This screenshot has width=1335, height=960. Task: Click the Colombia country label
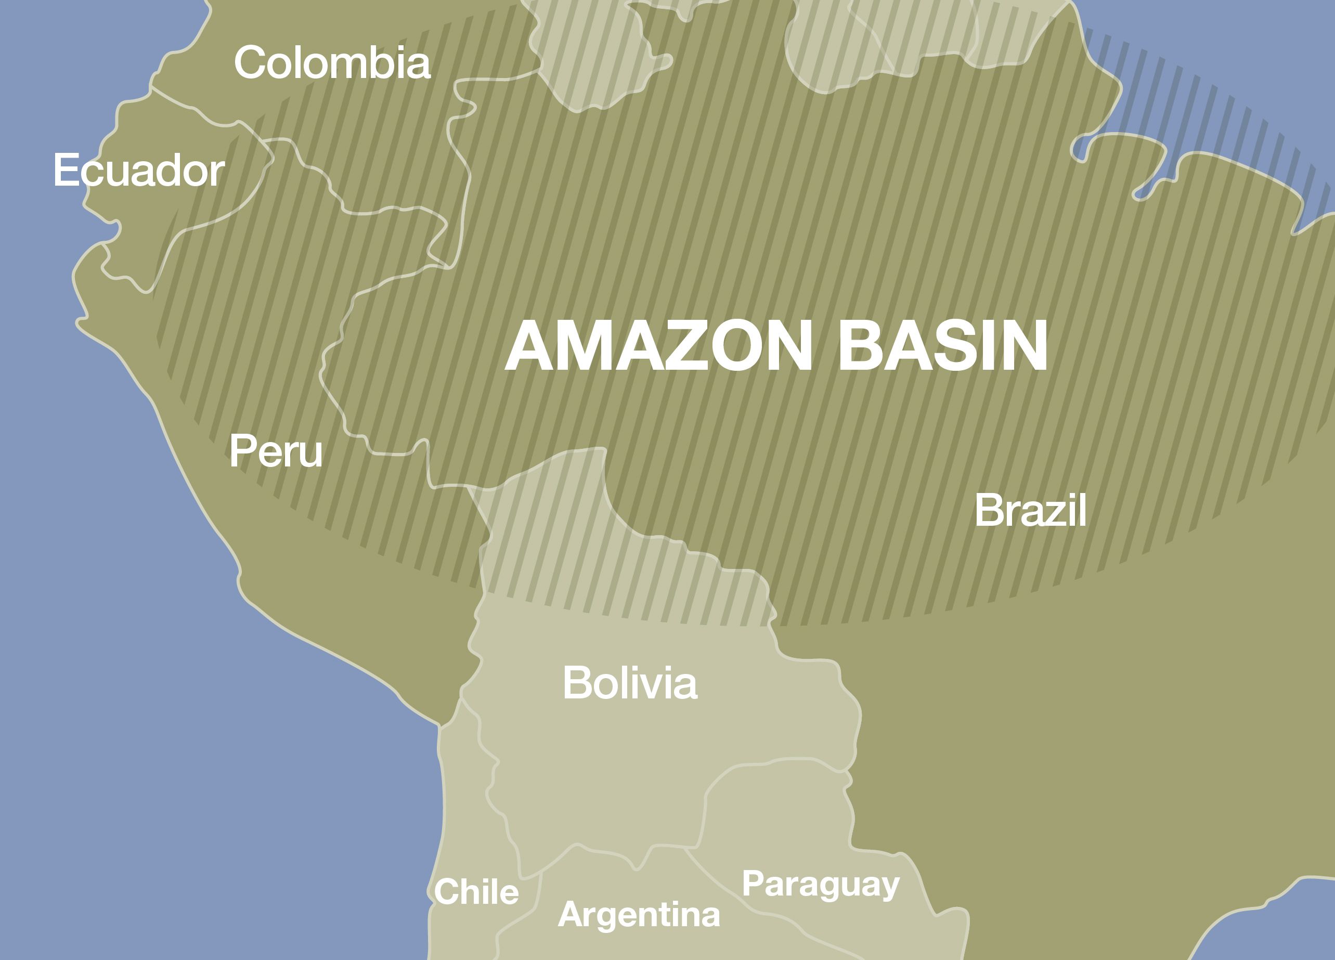point(332,62)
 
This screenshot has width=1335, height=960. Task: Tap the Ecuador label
point(139,171)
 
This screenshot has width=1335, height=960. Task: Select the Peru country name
point(276,451)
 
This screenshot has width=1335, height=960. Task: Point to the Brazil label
point(1030,510)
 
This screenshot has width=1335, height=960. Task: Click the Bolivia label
point(630,683)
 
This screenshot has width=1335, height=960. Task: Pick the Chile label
point(476,892)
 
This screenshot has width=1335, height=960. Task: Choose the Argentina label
point(639,915)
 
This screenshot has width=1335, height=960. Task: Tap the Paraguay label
point(821,884)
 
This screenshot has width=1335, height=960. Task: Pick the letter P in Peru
point(242,451)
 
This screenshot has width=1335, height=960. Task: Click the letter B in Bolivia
point(576,683)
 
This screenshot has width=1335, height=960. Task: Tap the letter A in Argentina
point(571,915)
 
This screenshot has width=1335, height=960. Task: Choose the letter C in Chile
point(446,892)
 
